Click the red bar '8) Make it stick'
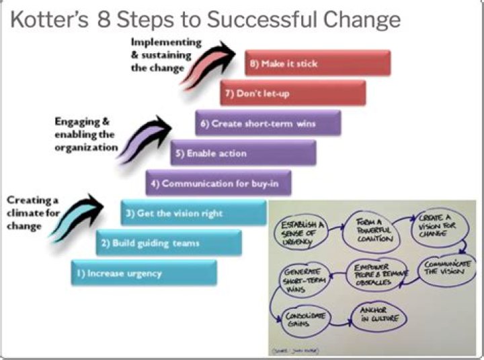tap(317, 64)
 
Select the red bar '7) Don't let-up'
tap(293, 94)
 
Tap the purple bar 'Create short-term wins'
tap(268, 124)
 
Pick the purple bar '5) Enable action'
tap(243, 153)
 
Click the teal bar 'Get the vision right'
tap(194, 213)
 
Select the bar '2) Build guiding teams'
tap(169, 243)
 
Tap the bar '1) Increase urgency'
tap(144, 273)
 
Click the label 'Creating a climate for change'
tap(32, 213)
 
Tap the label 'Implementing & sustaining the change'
tap(161, 55)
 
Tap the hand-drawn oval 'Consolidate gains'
tap(300, 318)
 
